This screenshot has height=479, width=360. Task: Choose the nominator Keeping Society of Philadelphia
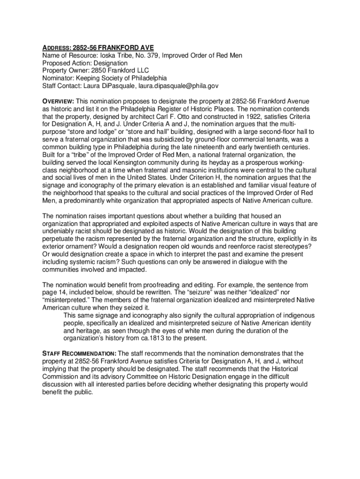pyautogui.click(x=122, y=78)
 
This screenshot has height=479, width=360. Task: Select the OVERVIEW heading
pyautogui.click(x=58, y=102)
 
